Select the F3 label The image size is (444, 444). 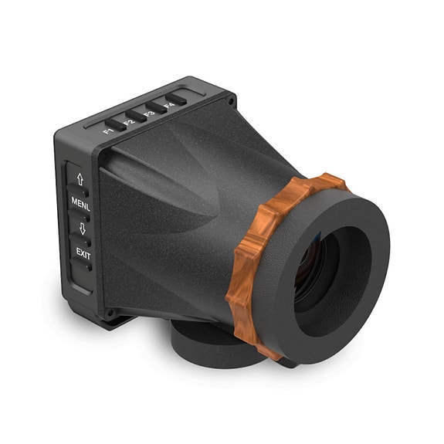[149, 114]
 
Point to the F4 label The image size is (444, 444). [170, 105]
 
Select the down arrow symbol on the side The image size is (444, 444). [80, 228]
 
